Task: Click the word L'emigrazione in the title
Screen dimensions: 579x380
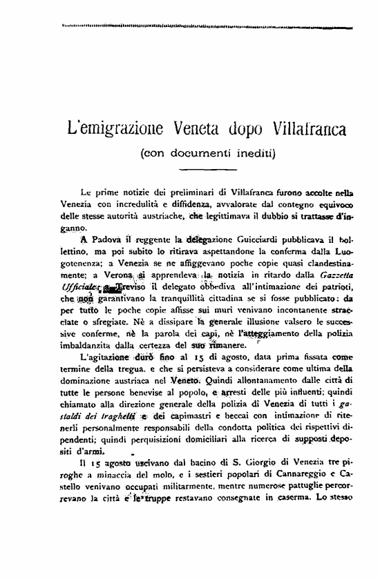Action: [x=111, y=128]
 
